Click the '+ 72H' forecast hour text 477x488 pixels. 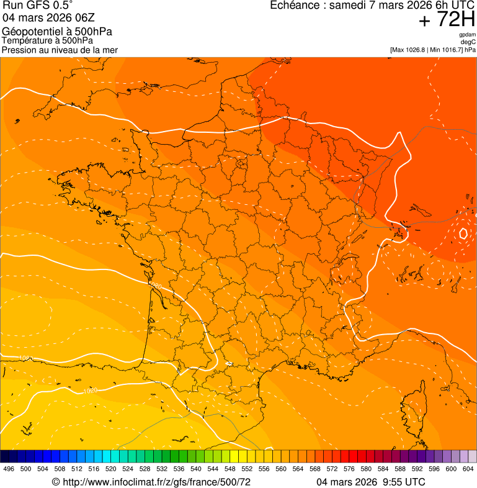tap(447, 20)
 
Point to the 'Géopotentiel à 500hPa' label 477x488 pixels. tap(57, 32)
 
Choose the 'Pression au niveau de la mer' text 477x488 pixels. tap(60, 50)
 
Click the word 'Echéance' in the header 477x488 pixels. tap(295, 6)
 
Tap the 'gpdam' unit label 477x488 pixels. tap(467, 35)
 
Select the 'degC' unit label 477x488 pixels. tap(468, 42)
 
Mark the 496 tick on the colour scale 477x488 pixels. tap(9, 469)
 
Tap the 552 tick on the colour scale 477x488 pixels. tap(247, 469)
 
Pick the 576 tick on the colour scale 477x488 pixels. tap(349, 469)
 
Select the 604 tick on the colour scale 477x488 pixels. tap(468, 469)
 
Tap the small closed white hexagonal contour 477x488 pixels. tap(464, 234)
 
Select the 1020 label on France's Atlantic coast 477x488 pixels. tap(155, 286)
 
